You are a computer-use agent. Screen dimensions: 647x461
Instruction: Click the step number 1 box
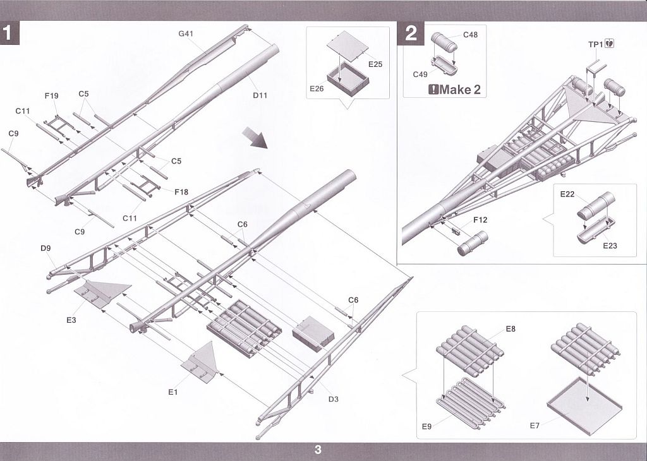[x=10, y=33]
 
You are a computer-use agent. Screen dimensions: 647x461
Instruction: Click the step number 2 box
[x=411, y=33]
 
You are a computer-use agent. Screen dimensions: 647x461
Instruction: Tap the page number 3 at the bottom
[x=318, y=450]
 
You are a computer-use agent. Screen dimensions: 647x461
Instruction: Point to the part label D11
[x=260, y=95]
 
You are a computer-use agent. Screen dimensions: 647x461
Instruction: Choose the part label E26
[x=317, y=89]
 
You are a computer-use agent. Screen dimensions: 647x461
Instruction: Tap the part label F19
[x=51, y=96]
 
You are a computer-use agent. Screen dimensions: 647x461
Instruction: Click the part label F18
[x=181, y=191]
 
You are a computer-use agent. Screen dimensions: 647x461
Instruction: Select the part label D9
[x=45, y=248]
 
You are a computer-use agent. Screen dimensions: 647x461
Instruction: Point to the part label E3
[x=71, y=320]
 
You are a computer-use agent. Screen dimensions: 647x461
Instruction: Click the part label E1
[x=173, y=392]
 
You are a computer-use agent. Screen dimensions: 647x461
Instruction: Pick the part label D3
[x=334, y=399]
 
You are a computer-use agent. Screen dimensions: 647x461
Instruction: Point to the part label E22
[x=567, y=194]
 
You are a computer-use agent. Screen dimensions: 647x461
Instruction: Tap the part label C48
[x=470, y=35]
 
